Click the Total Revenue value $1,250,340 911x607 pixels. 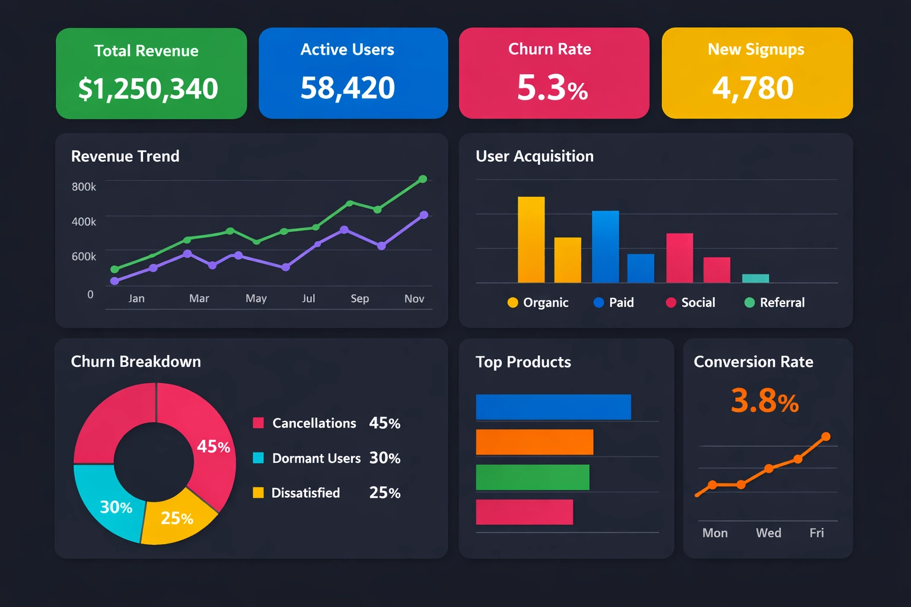pos(148,89)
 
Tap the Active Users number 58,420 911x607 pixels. pos(348,88)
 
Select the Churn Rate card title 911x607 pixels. pos(549,49)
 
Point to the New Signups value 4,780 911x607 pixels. pos(753,88)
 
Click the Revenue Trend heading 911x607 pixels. pos(125,156)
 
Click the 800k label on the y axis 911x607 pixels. pos(84,187)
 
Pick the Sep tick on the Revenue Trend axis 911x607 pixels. pos(359,299)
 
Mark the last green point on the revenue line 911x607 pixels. pos(423,179)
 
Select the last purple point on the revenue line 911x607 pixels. pos(423,215)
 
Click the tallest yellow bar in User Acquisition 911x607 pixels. pos(531,239)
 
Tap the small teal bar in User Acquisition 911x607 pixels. pos(755,279)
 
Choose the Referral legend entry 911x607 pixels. pos(775,303)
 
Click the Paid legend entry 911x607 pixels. pos(614,303)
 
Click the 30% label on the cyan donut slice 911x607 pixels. pos(116,507)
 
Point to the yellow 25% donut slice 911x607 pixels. pos(177,519)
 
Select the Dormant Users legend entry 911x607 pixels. pos(316,458)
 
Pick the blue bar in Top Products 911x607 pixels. pos(553,407)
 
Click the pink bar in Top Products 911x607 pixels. pos(524,512)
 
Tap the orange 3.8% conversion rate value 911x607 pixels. pos(765,401)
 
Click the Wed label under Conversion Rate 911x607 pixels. pos(768,533)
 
